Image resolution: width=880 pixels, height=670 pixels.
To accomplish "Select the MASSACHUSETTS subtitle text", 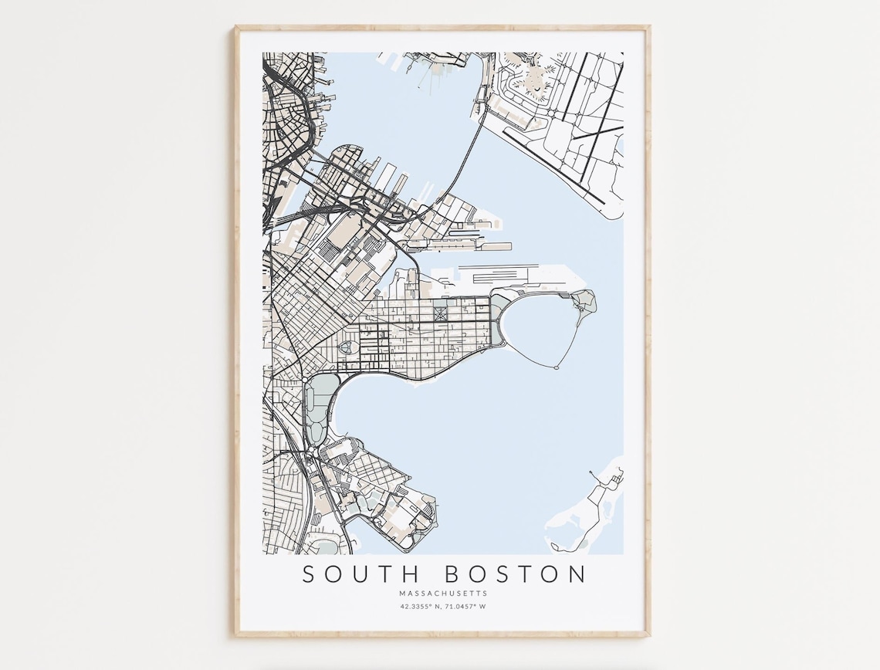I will [443, 594].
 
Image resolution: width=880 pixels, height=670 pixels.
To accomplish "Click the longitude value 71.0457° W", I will [467, 606].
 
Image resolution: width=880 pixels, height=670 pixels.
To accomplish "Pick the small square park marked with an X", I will [440, 314].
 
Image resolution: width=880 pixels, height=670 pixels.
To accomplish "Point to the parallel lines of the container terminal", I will [502, 273].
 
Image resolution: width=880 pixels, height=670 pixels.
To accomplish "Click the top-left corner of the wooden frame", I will [237, 27].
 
